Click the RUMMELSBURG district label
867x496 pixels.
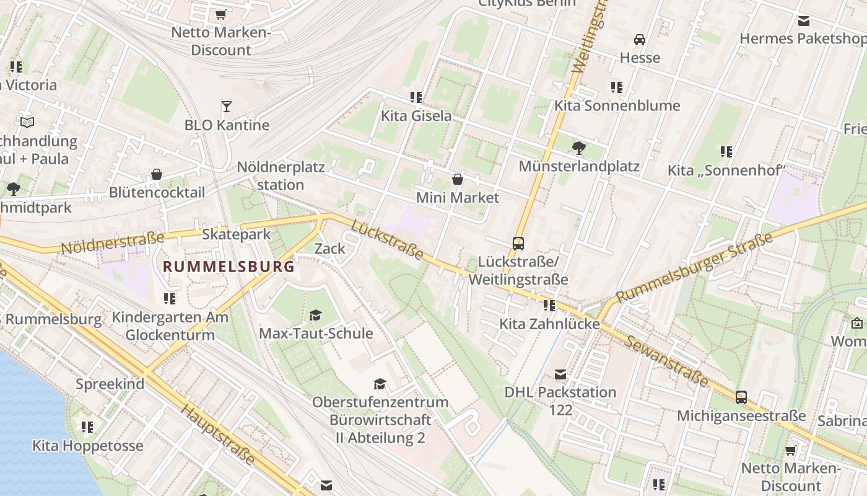click(x=229, y=267)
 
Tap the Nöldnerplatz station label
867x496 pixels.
click(x=281, y=176)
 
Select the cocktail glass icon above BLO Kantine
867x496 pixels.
click(x=227, y=107)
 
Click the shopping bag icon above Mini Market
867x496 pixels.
click(x=458, y=180)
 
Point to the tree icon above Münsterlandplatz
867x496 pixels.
click(x=579, y=148)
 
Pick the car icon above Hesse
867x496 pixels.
click(x=640, y=40)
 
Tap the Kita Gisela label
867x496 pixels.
click(x=416, y=116)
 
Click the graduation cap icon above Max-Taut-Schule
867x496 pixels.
click(x=316, y=315)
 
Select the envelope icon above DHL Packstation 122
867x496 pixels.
click(x=560, y=374)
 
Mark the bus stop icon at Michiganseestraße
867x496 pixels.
click(x=741, y=397)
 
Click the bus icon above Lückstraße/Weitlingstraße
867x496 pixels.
click(x=518, y=243)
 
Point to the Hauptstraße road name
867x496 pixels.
click(x=218, y=434)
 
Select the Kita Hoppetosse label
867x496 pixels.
click(x=87, y=446)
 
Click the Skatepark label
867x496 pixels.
click(x=237, y=234)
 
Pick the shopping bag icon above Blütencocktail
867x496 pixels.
click(x=157, y=174)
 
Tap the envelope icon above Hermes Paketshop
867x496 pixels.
click(x=804, y=20)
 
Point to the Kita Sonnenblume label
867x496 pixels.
click(x=617, y=105)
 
